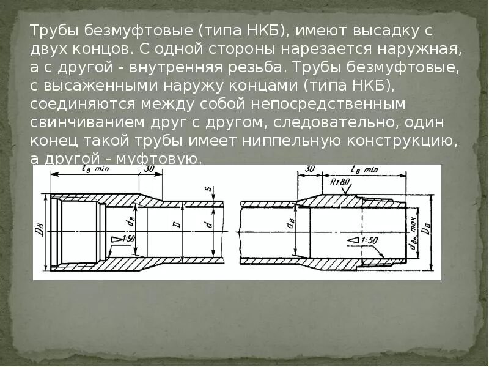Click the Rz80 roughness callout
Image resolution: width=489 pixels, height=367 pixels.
point(340,182)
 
